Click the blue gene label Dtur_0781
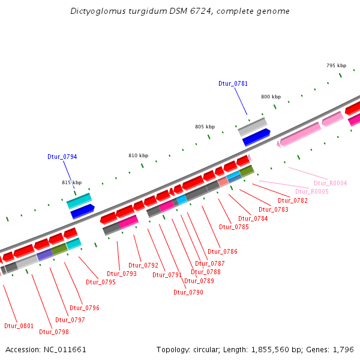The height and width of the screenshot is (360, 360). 233,84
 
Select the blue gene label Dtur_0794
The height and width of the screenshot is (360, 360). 62,157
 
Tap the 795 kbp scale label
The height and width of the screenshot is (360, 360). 336,65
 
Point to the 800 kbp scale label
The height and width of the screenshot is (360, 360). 271,97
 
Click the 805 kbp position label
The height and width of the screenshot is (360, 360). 205,127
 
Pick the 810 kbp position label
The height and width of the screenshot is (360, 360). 138,155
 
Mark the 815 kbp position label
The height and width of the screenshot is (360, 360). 71,182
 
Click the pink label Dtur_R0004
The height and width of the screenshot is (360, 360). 330,183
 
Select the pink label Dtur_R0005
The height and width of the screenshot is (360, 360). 311,191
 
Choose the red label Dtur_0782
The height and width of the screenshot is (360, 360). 292,200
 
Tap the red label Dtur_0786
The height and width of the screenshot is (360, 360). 222,251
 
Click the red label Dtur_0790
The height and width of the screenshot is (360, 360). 188,292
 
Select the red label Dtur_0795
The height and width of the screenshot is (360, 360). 101,282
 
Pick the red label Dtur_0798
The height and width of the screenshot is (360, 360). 54,332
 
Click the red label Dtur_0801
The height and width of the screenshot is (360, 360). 19,326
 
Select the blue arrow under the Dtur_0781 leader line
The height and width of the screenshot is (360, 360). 256,137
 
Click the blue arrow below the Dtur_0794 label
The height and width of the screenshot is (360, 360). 82,211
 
